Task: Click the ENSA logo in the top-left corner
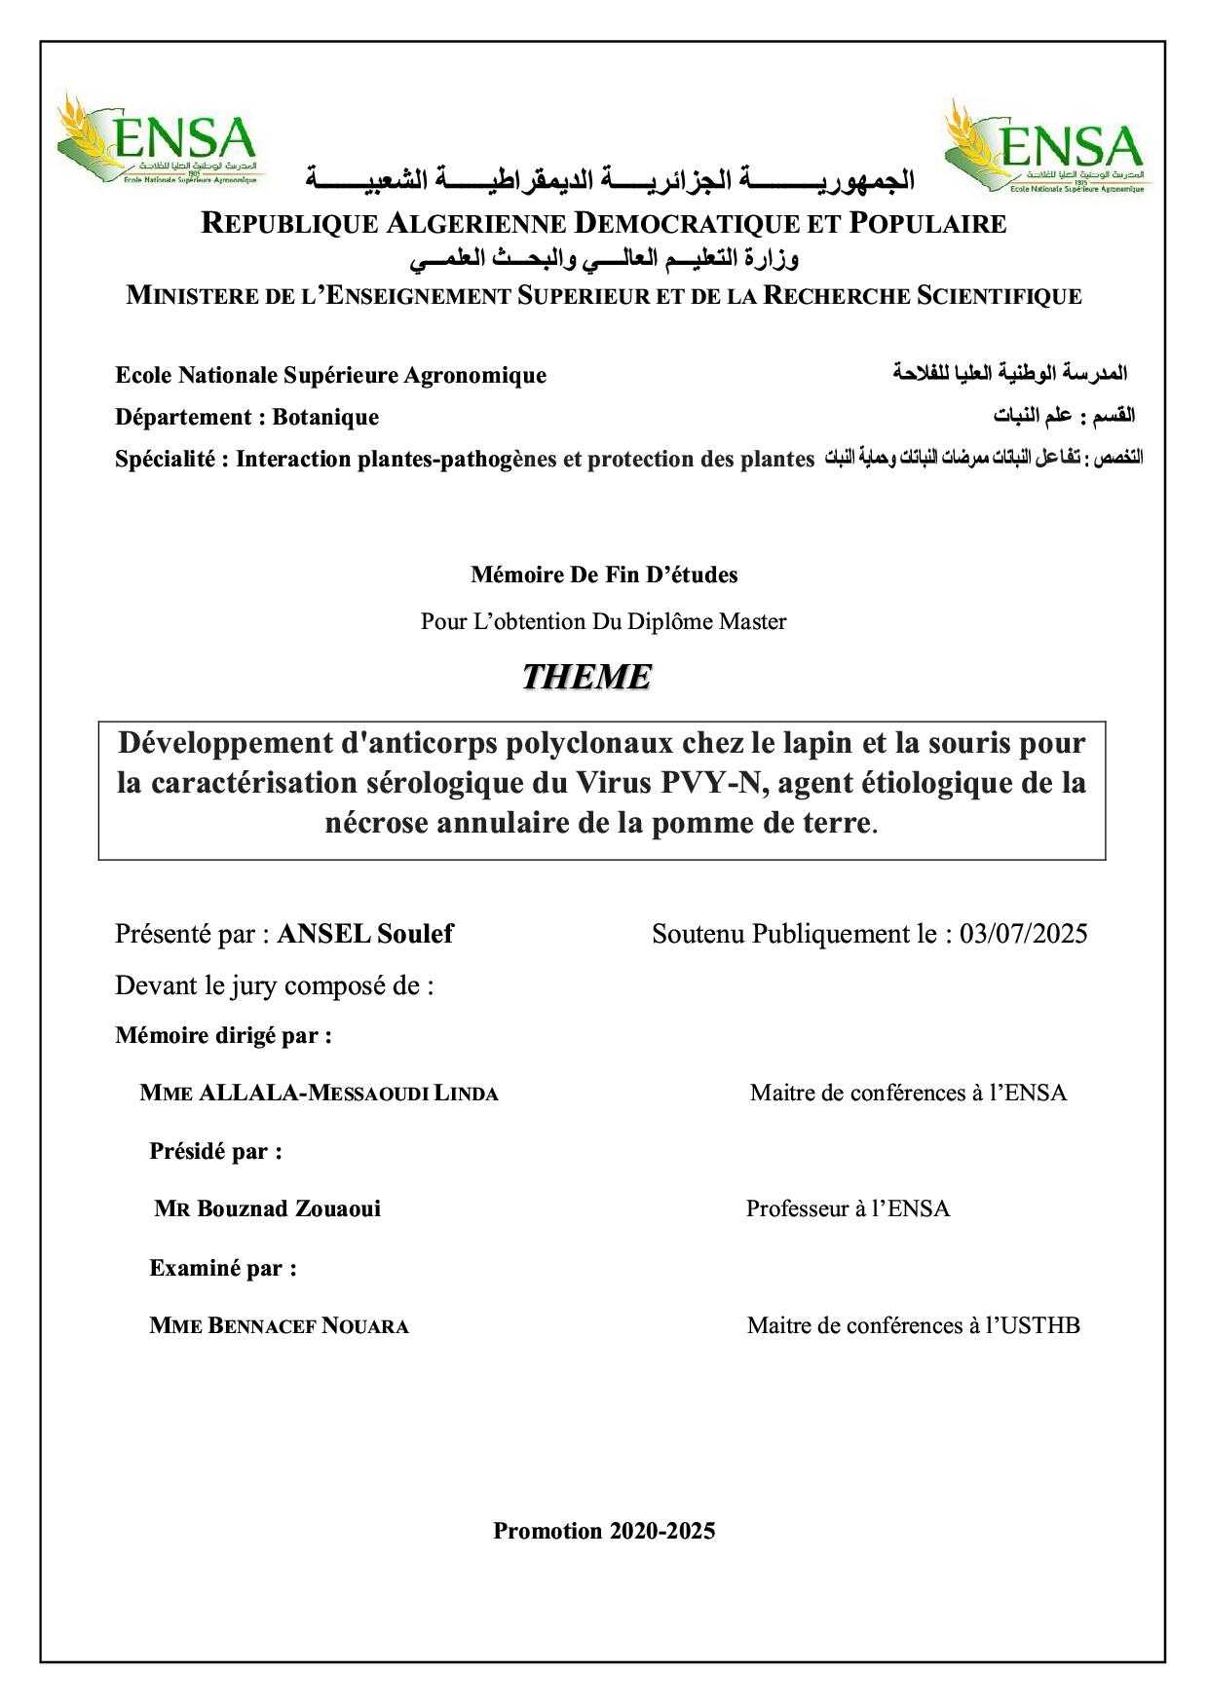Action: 157,142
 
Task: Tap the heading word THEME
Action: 586,676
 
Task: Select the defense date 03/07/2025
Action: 1023,934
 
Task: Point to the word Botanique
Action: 325,417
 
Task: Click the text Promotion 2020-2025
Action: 604,1531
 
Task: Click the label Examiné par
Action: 222,1268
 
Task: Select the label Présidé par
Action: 215,1151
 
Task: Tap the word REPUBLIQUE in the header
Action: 288,224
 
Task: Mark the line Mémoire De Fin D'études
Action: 604,575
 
